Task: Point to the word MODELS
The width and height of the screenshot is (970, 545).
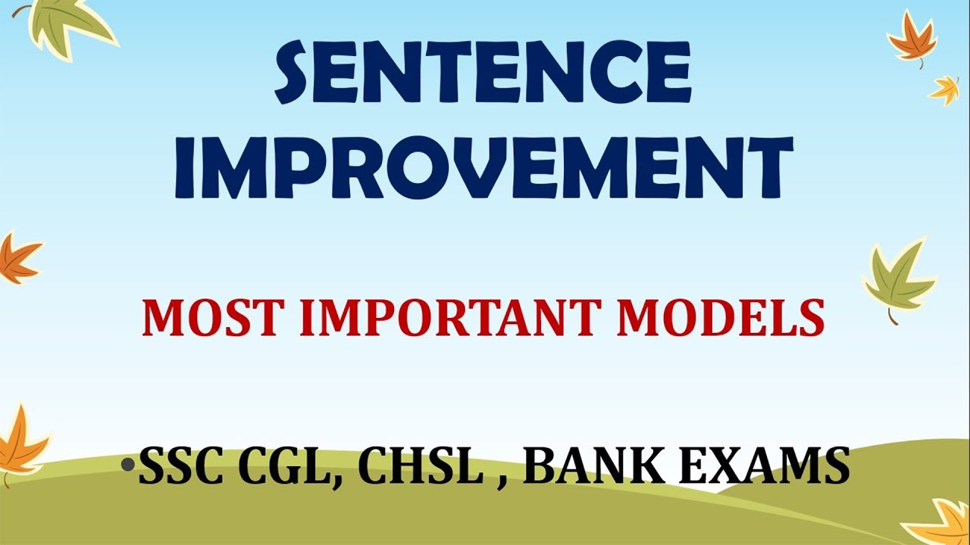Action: [x=720, y=319]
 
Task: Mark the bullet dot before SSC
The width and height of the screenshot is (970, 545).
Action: [x=129, y=462]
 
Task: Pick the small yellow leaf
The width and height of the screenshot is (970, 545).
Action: [x=945, y=89]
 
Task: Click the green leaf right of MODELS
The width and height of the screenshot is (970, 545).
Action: [x=900, y=279]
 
